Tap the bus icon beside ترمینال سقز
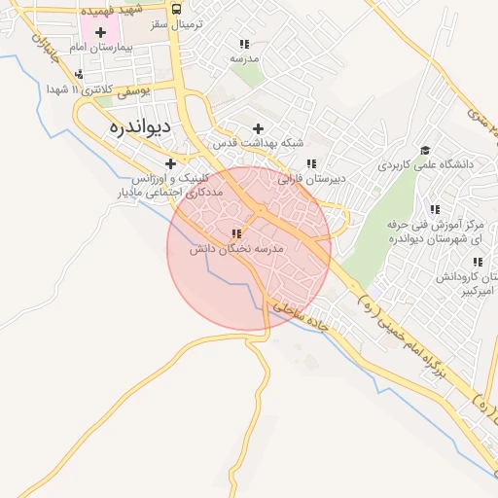coord(175,8)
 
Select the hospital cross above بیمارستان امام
coord(100,32)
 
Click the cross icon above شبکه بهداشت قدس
coord(258,128)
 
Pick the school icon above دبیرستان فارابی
coord(311,164)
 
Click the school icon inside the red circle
coord(235,233)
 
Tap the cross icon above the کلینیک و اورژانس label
coord(171,163)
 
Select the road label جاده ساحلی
coord(307,319)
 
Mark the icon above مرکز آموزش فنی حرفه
coord(435,209)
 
